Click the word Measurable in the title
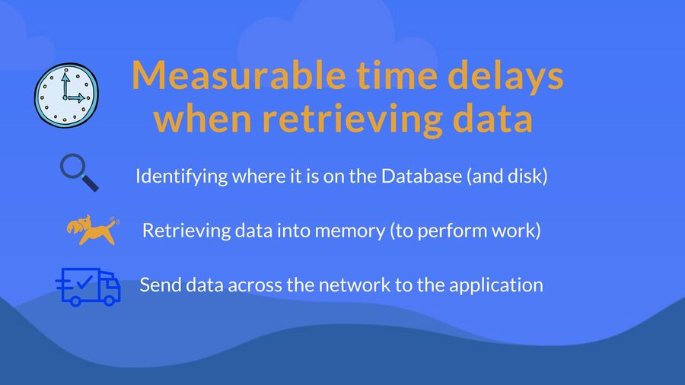point(238,75)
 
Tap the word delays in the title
point(505,77)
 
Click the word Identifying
point(182,177)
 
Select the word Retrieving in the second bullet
point(186,231)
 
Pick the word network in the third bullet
point(354,285)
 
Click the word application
point(495,285)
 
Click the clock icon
point(66,95)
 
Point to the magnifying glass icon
point(79,173)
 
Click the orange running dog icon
point(93,229)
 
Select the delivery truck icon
point(88,287)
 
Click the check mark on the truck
point(84,282)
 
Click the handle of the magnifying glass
point(91,183)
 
